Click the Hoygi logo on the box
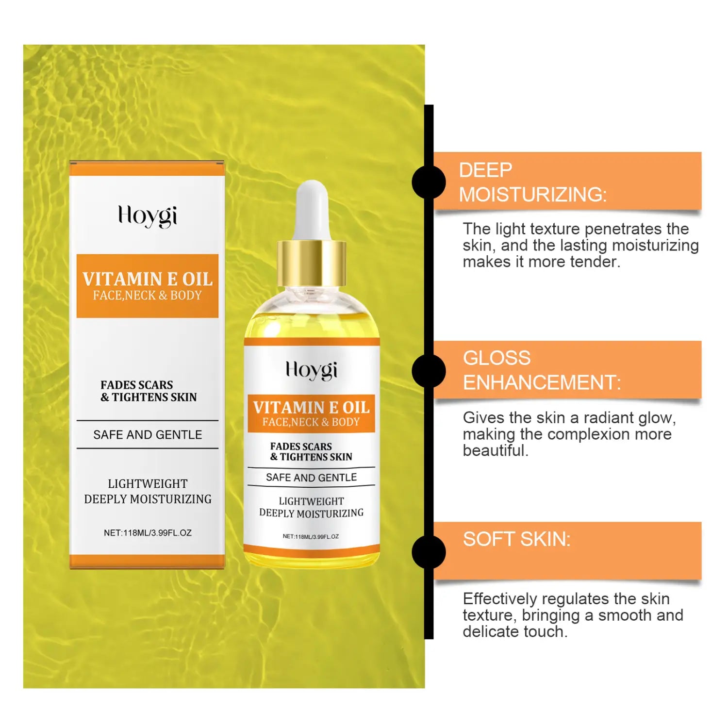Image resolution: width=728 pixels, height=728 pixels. tap(148, 216)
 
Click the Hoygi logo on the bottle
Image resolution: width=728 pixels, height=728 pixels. tap(311, 370)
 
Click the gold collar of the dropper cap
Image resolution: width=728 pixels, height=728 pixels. tap(312, 263)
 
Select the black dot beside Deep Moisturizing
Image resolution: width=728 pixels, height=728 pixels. tap(429, 182)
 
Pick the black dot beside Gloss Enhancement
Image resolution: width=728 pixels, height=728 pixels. tap(429, 371)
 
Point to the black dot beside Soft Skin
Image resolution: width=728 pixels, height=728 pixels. tap(429, 552)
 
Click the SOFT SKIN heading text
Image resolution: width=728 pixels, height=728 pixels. tap(516, 539)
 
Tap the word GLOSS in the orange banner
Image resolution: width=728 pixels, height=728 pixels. tap(496, 358)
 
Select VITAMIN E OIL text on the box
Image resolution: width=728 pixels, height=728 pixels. tap(148, 279)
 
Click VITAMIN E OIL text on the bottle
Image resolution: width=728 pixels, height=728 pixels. tap(311, 407)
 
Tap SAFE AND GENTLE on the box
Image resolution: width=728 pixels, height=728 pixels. tap(148, 434)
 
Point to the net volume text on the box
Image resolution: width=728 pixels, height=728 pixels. tap(148, 533)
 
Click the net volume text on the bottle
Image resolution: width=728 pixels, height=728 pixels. tap(311, 536)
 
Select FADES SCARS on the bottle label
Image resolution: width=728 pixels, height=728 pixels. tap(301, 446)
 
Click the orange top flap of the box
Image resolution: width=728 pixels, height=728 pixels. tap(147, 168)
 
